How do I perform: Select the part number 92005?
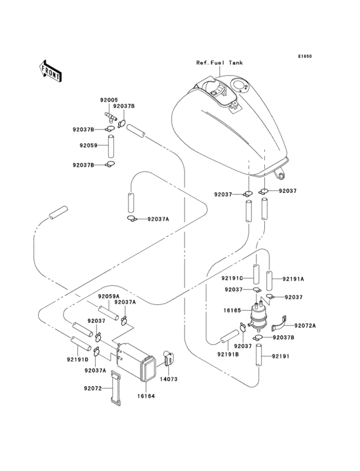(109, 100)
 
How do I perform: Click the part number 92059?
(89, 146)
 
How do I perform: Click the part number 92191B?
(227, 354)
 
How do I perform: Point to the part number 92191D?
(76, 360)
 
